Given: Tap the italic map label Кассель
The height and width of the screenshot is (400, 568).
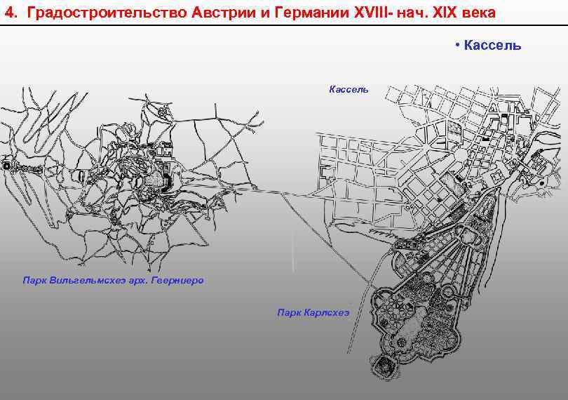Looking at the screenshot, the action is pyautogui.click(x=349, y=89).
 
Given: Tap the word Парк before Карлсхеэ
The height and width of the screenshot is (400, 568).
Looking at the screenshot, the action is pyautogui.click(x=289, y=312).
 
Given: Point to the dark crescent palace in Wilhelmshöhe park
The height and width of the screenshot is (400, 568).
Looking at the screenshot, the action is pyautogui.click(x=167, y=182).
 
